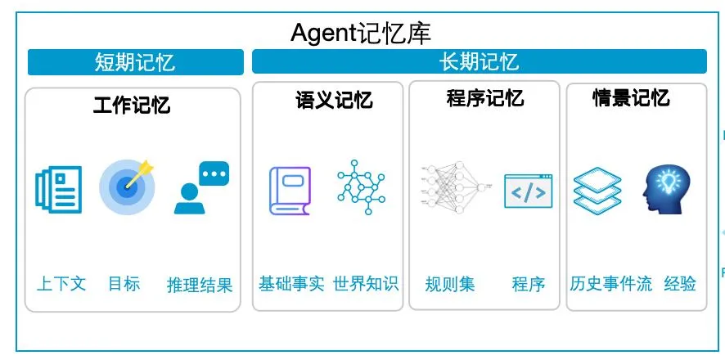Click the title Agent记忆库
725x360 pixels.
[361, 33]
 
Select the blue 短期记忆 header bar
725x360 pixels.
[135, 62]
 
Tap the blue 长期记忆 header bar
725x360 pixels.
[479, 62]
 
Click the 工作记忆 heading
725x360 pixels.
[132, 106]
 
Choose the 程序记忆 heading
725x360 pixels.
[484, 99]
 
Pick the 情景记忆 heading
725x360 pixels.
[631, 99]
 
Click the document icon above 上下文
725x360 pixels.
[59, 189]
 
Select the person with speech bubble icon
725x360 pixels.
[200, 187]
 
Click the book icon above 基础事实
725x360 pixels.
[290, 191]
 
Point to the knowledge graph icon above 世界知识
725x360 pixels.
[362, 187]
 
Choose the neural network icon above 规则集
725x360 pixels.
[455, 187]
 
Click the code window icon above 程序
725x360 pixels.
[528, 191]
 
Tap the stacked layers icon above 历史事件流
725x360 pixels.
[597, 189]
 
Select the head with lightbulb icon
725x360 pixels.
[667, 189]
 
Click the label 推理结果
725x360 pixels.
[200, 285]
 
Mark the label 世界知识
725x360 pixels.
[366, 284]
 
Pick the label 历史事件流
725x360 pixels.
[611, 284]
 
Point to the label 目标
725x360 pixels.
[124, 284]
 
